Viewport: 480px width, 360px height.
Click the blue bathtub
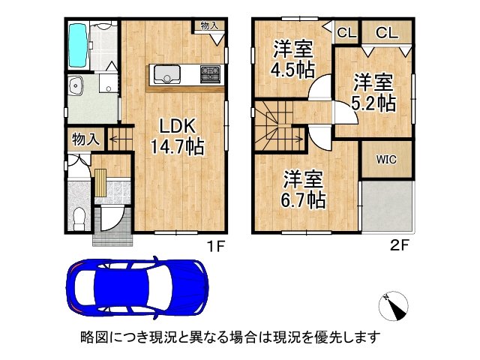click(x=78, y=46)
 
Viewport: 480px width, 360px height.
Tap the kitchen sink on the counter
click(x=166, y=74)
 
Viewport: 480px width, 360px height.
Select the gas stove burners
click(x=210, y=74)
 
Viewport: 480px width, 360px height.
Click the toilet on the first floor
click(x=79, y=218)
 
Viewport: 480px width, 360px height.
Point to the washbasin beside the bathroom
click(x=76, y=85)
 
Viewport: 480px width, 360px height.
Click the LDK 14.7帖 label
click(x=177, y=136)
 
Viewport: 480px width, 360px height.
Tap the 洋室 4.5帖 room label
click(x=292, y=59)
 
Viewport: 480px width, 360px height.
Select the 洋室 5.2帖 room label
click(x=373, y=92)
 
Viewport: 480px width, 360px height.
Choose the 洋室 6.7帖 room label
click(x=303, y=190)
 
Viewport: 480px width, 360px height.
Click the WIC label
click(x=386, y=160)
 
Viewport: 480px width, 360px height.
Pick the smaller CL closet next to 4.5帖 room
click(x=346, y=32)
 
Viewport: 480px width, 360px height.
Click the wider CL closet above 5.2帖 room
click(x=387, y=32)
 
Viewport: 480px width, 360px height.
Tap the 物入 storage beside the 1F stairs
click(x=86, y=140)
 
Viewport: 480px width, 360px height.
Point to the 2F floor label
click(x=400, y=245)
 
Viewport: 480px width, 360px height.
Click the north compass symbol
click(x=393, y=307)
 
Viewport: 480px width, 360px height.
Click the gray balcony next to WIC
click(x=387, y=207)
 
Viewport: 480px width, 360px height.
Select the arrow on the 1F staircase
click(x=120, y=140)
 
